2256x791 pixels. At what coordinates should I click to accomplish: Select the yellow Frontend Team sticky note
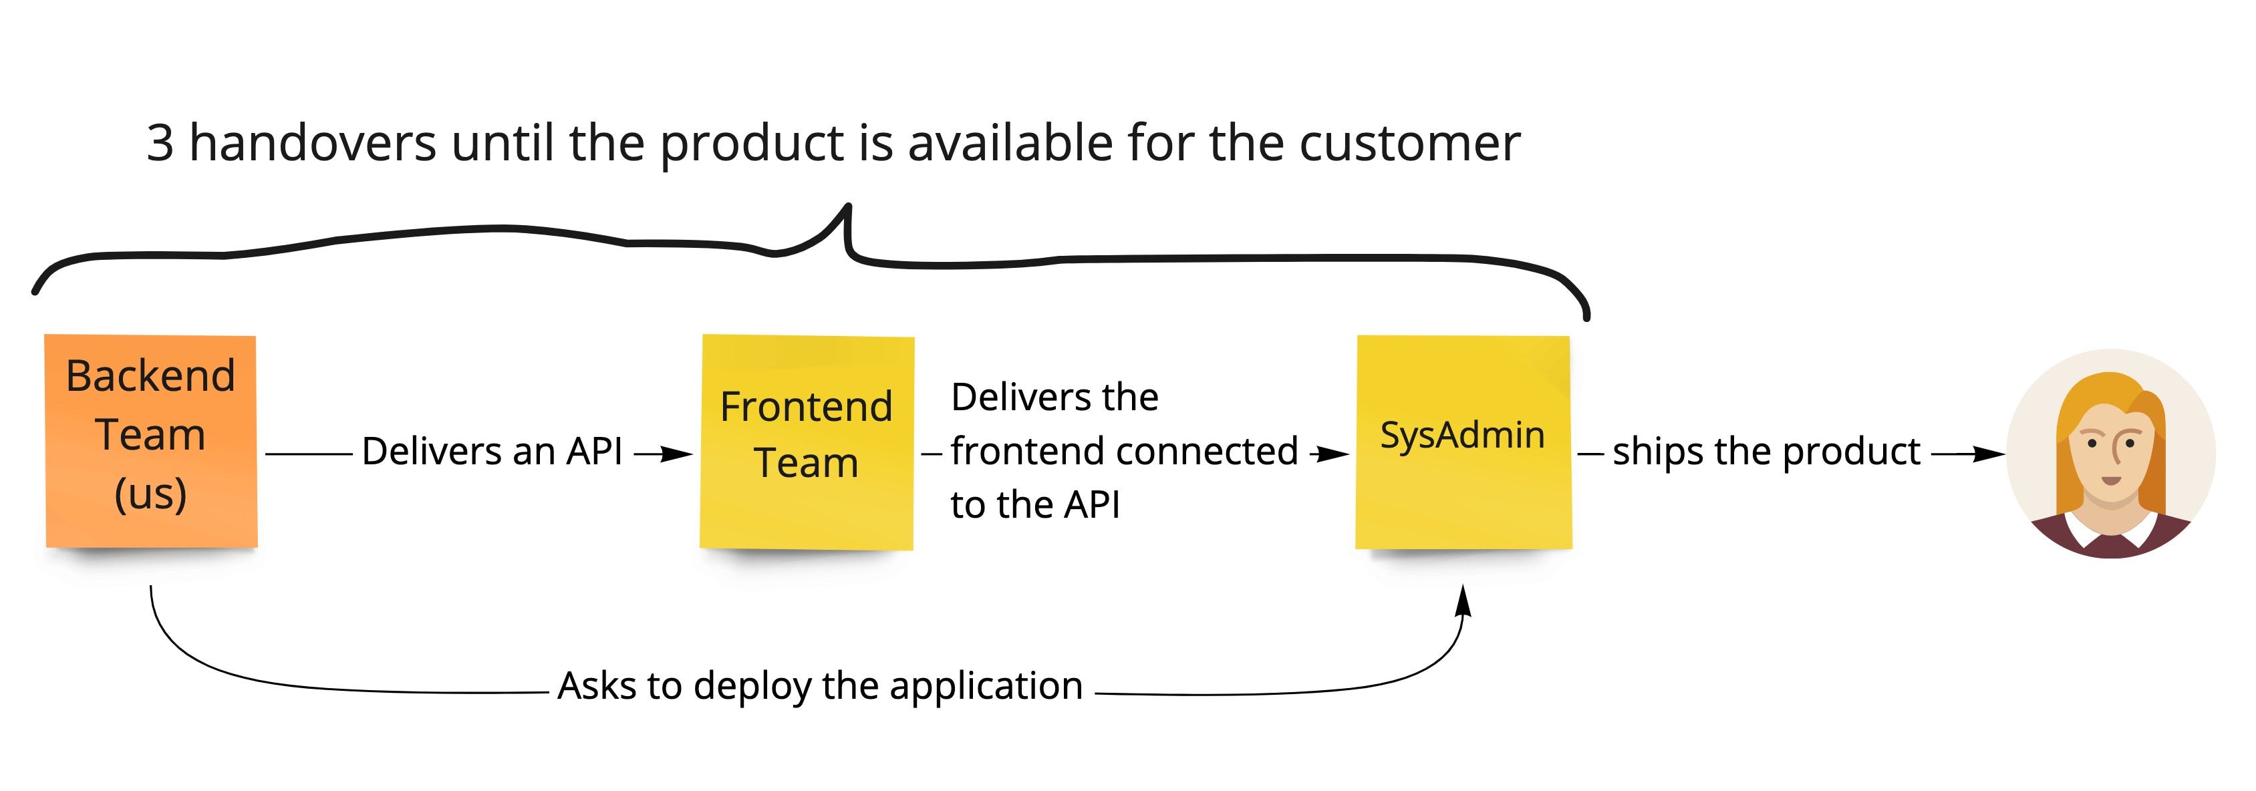coord(807,442)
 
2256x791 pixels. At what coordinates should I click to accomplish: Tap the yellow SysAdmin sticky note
coord(1463,442)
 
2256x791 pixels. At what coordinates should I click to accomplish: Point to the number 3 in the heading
coord(160,144)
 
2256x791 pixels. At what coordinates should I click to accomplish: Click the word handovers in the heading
coord(313,143)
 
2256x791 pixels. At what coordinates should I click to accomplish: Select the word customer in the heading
coord(1410,144)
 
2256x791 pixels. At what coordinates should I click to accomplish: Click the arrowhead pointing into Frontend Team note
coord(676,454)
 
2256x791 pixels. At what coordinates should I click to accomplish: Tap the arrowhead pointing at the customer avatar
coord(1988,454)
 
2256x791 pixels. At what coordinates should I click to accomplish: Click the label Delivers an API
coord(492,451)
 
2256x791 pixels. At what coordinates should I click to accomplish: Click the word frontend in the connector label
coord(1016,451)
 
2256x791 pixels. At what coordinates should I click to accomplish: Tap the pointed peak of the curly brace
coord(847,206)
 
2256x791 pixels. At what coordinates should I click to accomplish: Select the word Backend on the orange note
coord(150,375)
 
